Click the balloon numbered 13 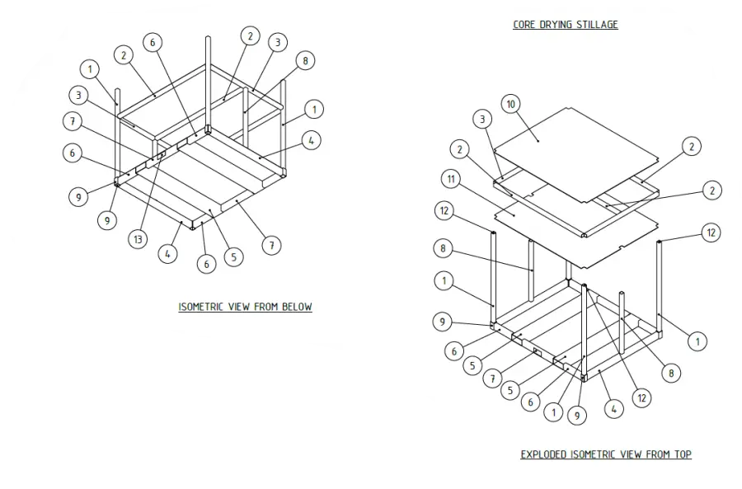point(138,239)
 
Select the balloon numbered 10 point(510,104)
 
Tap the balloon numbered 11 point(451,179)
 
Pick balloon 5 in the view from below point(234,257)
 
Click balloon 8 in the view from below point(305,60)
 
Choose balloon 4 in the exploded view point(613,409)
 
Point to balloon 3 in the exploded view point(482,119)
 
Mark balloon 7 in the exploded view point(493,379)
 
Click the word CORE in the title point(524,25)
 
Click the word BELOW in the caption point(297,307)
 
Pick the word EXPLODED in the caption point(544,454)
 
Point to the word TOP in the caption point(683,454)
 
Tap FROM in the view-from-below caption point(266,307)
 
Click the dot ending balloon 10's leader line point(538,140)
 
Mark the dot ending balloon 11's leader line point(514,214)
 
